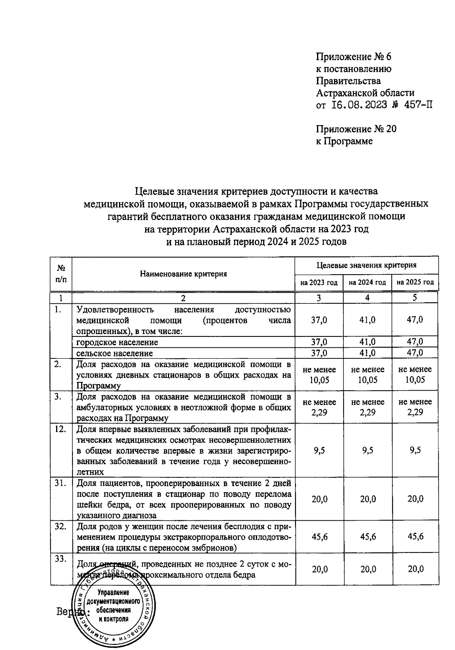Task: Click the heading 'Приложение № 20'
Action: pos(356,129)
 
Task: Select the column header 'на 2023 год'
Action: pos(319,283)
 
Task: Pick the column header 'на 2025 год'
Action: pos(415,283)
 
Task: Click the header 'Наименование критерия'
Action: pos(183,274)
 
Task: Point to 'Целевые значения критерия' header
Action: pos(366,265)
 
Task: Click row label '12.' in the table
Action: pos(60,429)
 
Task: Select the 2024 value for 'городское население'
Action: pos(367,342)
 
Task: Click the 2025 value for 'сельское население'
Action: pos(415,353)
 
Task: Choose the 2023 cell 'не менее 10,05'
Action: pos(319,375)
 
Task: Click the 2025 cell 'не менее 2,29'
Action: pos(415,407)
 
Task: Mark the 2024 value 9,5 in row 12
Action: pos(367,451)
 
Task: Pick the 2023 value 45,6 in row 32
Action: pos(319,537)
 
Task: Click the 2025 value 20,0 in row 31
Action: pos(415,499)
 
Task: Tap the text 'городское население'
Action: pos(117,342)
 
